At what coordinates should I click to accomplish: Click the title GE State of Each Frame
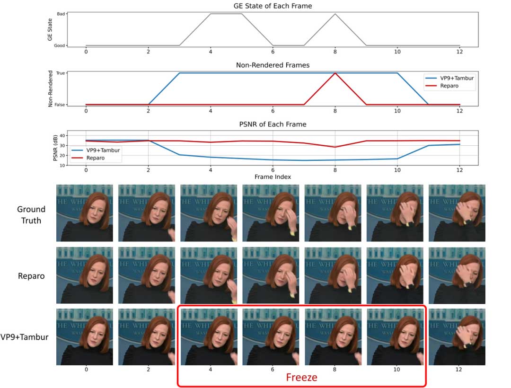point(273,6)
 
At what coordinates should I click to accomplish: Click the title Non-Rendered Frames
point(273,65)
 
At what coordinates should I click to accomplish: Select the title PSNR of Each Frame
point(273,124)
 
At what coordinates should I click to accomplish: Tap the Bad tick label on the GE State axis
point(60,14)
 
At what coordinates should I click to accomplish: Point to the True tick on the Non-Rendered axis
point(60,73)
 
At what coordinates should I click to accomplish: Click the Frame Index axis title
point(273,176)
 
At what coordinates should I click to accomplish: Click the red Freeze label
point(301,378)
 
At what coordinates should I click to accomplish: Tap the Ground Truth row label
point(31,215)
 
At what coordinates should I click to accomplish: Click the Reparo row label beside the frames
point(31,275)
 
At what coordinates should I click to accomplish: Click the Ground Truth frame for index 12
point(457,212)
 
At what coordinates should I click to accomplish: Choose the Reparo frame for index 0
point(85,275)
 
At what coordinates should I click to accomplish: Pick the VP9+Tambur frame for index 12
point(457,336)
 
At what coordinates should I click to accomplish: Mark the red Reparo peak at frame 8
point(335,73)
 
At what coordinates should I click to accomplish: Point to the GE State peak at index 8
point(335,14)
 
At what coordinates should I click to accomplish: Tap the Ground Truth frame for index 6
point(271,212)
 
